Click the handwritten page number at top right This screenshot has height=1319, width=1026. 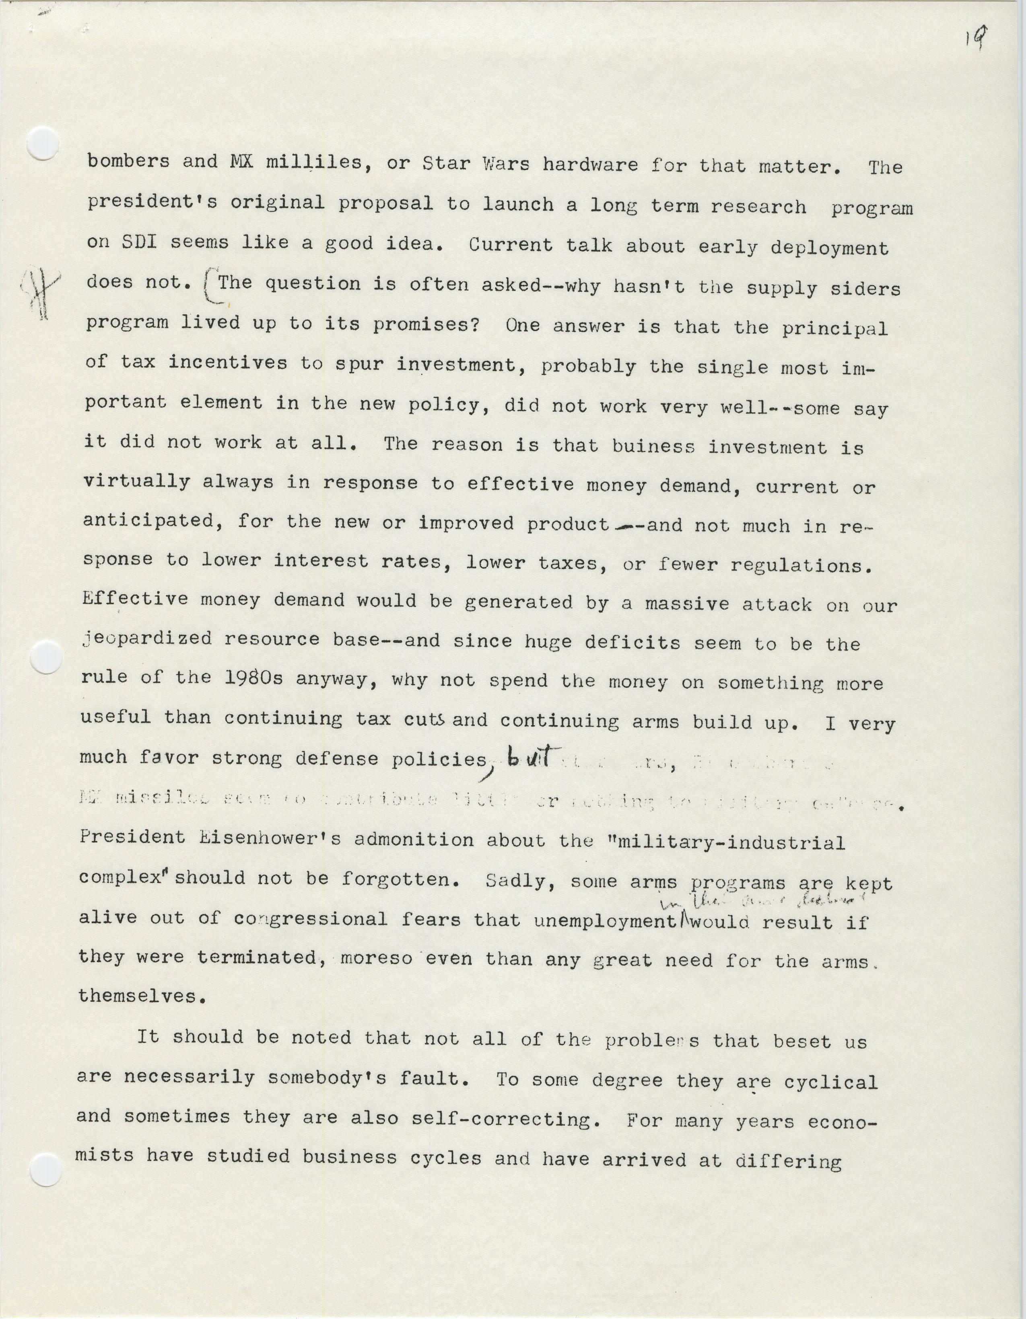pos(976,41)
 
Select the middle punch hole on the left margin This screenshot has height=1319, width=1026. pos(45,657)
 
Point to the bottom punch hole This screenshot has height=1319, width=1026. pos(45,1169)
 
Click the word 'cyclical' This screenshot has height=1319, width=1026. pos(830,1081)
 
